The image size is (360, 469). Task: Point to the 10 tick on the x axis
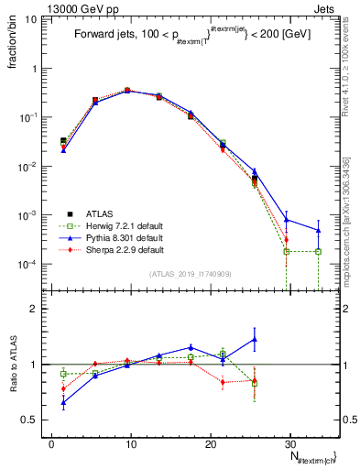pos(130,442)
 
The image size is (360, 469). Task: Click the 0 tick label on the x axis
pos(51,442)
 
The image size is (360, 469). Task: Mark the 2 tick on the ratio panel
pos(32,309)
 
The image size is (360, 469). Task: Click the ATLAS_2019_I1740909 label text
pos(190,273)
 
